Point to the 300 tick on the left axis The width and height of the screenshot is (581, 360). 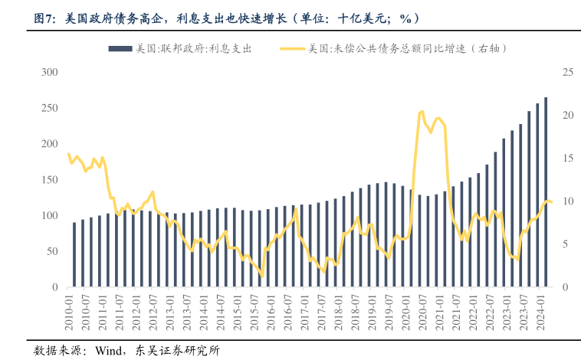pos(50,72)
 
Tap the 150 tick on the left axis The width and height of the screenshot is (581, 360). pos(50,180)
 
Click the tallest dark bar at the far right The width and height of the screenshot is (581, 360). pos(546,191)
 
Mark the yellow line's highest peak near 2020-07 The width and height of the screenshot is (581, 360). pos(422,112)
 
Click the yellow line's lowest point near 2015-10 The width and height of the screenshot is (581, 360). pos(262,276)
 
